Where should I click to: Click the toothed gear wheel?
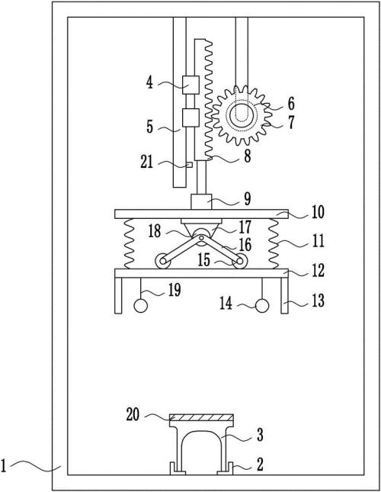[x=241, y=115]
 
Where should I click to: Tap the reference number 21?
[x=146, y=162]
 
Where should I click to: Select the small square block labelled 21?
[x=189, y=165]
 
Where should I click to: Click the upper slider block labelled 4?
[x=190, y=85]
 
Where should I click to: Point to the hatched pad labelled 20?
[x=201, y=418]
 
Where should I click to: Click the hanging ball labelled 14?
[x=262, y=306]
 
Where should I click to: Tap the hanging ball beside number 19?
[x=141, y=306]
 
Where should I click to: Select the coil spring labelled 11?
[x=274, y=243]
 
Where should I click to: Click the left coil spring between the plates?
[x=130, y=243]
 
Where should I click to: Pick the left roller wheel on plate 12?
[x=163, y=261]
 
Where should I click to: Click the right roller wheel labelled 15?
[x=240, y=261]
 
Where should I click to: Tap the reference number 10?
[x=318, y=212]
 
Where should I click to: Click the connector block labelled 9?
[x=201, y=201]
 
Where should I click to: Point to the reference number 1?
[x=4, y=465]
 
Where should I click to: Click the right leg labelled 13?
[x=284, y=295]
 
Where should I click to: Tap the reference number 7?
[x=291, y=122]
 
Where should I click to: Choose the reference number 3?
[x=260, y=435]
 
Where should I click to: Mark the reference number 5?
[x=150, y=127]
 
